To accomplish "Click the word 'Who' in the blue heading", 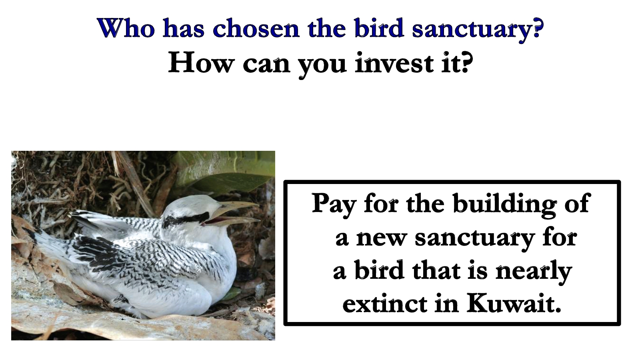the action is point(126,28).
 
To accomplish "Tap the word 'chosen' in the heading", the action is point(256,28).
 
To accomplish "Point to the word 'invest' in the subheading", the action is point(394,62).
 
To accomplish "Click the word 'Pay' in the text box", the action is point(334,205).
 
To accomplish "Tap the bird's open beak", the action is point(234,212).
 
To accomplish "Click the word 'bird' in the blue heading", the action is point(379,28).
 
